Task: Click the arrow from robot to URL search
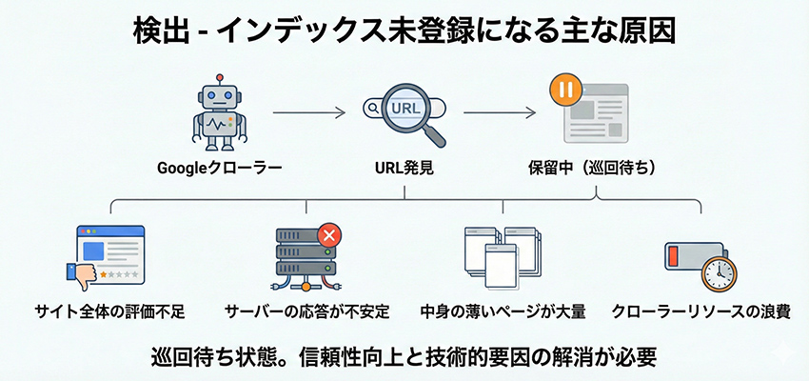308,114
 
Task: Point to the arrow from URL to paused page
498,114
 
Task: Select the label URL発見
404,169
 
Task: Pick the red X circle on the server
328,234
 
